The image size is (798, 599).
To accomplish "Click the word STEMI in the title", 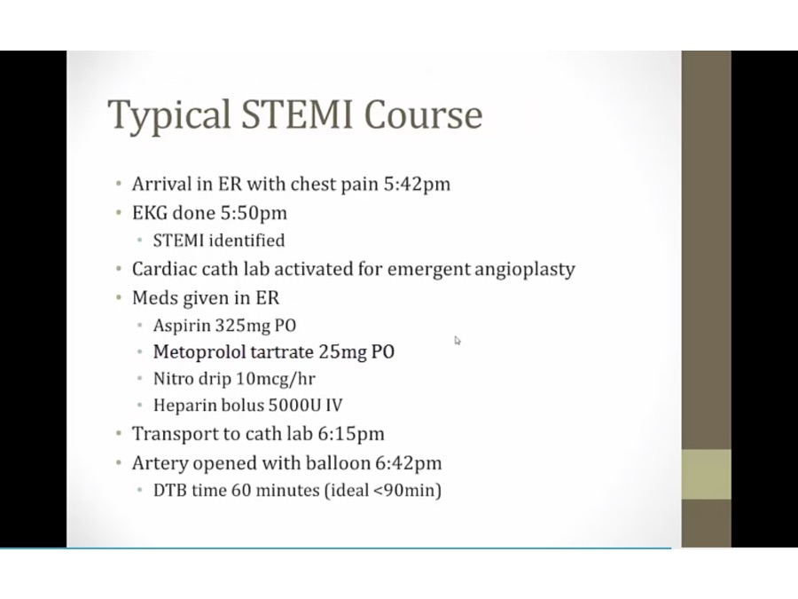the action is pos(296,114).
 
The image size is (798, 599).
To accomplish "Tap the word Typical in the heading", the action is pos(169,116).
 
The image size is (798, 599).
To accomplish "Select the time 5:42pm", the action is pos(417,184).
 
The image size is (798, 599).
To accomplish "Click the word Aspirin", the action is pos(182,326).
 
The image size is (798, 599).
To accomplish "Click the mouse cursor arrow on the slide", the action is pos(458,341).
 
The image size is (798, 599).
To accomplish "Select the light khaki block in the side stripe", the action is pos(707,474).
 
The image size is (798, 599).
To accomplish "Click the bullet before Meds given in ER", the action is pos(119,297).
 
